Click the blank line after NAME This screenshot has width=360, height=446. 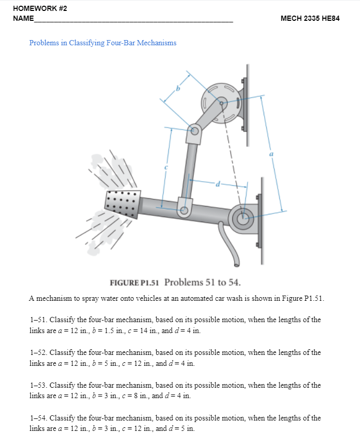pyautogui.click(x=133, y=20)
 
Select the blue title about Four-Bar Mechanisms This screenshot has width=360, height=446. pyautogui.click(x=103, y=43)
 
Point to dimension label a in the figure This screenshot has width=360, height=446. pyautogui.click(x=271, y=154)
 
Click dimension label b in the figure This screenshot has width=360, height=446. pyautogui.click(x=177, y=89)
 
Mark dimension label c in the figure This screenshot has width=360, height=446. pyautogui.click(x=166, y=168)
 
